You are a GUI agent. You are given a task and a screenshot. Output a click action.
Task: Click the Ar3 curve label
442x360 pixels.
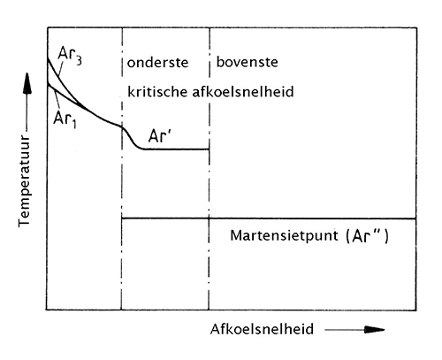[70, 55]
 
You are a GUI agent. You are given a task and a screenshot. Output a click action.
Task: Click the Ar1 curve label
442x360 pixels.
[65, 119]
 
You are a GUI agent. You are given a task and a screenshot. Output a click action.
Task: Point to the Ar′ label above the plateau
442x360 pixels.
[160, 136]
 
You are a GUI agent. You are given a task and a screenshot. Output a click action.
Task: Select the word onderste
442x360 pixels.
[157, 63]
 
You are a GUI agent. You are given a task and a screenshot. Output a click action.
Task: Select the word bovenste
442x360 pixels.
[248, 62]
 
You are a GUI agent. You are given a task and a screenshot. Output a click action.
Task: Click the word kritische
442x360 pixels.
[157, 91]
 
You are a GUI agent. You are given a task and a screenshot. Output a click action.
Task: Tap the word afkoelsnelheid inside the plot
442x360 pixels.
[243, 91]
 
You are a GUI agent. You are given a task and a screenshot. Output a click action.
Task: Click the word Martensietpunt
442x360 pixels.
[284, 236]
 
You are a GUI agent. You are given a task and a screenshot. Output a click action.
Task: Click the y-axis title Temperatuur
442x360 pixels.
[24, 181]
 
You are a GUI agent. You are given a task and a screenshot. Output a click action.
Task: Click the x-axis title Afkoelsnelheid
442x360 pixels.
[262, 329]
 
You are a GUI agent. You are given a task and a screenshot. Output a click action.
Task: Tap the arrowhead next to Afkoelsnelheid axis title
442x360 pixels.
[374, 330]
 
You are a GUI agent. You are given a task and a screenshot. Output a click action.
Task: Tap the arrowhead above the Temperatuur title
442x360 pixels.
[27, 83]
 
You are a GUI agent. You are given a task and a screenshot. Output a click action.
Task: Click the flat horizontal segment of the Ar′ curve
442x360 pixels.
[176, 149]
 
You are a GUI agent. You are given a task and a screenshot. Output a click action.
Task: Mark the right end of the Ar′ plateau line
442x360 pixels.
[209, 149]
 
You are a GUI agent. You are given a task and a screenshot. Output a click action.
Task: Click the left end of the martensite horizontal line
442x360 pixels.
[122, 218]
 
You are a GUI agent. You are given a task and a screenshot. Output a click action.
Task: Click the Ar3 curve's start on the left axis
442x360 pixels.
[48, 58]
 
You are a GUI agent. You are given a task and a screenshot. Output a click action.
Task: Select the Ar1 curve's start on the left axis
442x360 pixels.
[48, 84]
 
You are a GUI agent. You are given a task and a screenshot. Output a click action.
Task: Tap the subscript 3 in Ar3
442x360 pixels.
[79, 60]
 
